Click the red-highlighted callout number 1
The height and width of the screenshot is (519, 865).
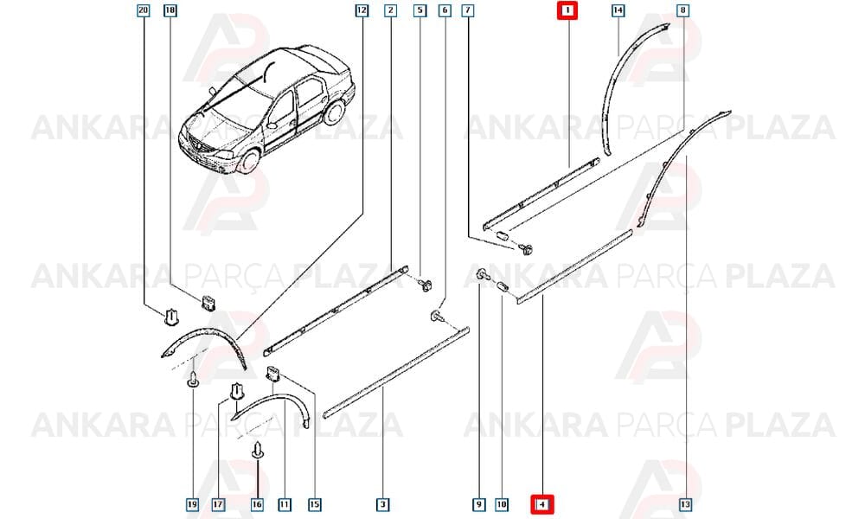(x=567, y=10)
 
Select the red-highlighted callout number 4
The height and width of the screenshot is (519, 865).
(x=542, y=504)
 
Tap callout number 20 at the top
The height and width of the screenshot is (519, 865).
(x=144, y=10)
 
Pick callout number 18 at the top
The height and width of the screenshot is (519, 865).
(x=170, y=10)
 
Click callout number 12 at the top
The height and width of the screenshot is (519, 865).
(x=362, y=10)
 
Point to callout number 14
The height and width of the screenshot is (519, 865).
(x=618, y=10)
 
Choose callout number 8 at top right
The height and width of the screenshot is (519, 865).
(x=683, y=10)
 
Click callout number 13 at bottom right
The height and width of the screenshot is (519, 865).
(x=686, y=504)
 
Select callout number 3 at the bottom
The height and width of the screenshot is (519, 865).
(x=383, y=504)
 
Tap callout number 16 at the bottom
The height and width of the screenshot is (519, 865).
(x=257, y=504)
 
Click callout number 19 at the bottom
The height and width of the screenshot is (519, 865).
(x=192, y=504)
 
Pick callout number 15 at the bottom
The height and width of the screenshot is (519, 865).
(x=315, y=504)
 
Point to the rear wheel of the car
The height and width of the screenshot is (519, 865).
(x=334, y=112)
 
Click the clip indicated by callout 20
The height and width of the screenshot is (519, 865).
(x=171, y=317)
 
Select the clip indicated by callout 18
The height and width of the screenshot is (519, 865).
(x=208, y=302)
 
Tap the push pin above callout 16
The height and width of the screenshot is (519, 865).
(x=258, y=451)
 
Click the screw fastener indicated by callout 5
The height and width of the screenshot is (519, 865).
(x=425, y=285)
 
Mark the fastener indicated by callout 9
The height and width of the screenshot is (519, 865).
(x=481, y=273)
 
